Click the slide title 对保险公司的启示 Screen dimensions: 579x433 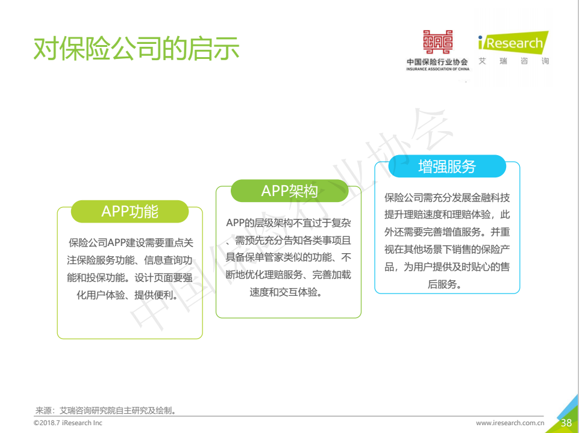136,48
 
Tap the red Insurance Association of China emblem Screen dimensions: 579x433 437,41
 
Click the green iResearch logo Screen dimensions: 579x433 513,42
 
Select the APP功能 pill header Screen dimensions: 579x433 130,212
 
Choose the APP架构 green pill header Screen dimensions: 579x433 289,191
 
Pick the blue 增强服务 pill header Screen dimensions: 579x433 447,166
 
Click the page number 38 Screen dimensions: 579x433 566,423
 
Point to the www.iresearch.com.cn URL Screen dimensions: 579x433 510,423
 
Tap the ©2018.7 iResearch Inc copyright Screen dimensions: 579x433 68,423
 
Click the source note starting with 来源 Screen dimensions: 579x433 105,410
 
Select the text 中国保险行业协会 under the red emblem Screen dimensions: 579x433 437,61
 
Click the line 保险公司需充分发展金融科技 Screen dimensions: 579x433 447,197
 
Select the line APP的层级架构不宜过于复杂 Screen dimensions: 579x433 289,223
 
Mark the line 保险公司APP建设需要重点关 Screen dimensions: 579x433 131,242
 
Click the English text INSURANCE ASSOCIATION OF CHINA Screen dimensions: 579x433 437,69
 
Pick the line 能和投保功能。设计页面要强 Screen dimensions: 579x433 130,277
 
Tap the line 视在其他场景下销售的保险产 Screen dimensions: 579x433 447,249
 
